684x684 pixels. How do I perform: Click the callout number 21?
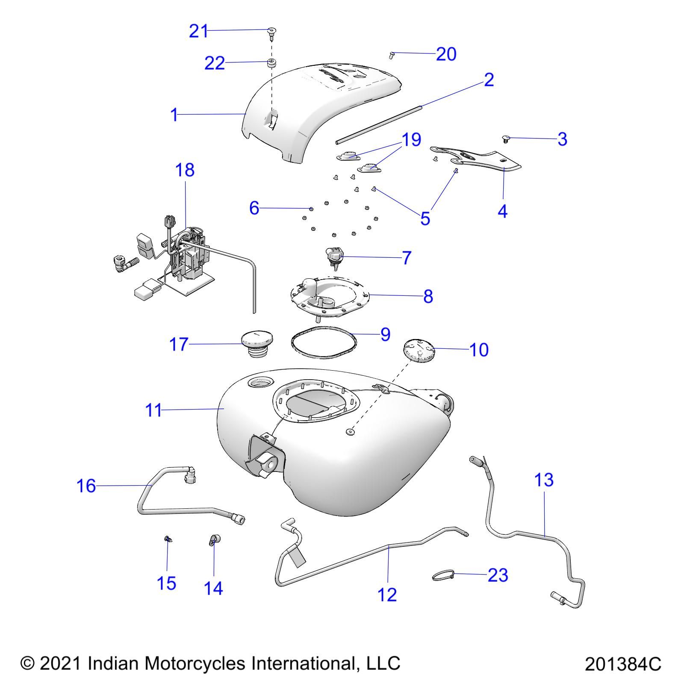198,31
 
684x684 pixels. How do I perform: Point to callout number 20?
446,54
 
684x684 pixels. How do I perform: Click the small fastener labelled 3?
506,139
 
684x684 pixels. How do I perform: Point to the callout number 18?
185,170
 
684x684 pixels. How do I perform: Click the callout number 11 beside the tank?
153,410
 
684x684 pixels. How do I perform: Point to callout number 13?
544,480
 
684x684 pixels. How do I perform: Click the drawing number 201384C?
622,664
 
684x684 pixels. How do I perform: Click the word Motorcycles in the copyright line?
195,663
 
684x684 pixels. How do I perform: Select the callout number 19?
411,139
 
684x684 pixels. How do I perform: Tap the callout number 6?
254,208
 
